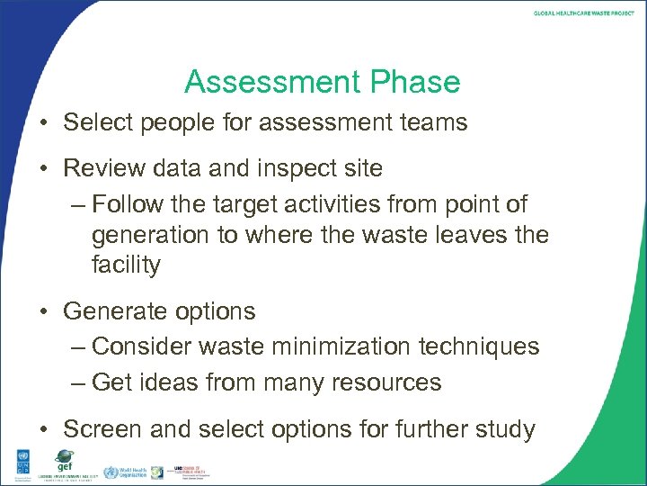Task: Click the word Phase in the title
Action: pos(415,82)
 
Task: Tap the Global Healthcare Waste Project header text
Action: pos(583,13)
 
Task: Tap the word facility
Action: pos(126,265)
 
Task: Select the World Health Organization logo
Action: pos(124,472)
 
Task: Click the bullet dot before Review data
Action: pos(43,168)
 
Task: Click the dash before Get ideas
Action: pos(78,382)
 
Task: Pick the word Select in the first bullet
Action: pos(95,121)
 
